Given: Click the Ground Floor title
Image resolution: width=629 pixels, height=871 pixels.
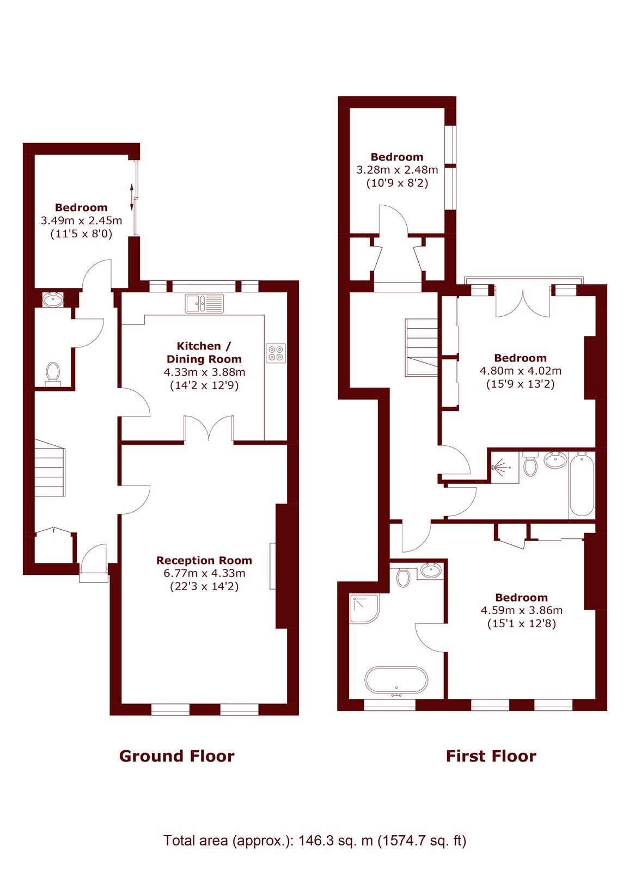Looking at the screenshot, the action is pos(176,756).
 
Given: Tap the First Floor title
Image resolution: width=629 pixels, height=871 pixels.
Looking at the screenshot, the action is pos(491,756).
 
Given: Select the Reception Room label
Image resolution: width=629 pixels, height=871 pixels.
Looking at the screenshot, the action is pos(204,560).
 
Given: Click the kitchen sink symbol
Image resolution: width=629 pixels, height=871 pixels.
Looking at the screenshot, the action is pos(205,303).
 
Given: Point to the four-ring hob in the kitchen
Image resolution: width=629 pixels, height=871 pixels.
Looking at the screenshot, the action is pos(276,353).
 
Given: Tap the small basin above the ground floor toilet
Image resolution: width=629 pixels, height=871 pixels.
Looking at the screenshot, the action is pos(53,299).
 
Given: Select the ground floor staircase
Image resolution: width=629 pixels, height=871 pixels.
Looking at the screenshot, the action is pos(50,468).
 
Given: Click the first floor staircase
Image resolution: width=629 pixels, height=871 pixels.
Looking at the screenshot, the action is pos(422,348).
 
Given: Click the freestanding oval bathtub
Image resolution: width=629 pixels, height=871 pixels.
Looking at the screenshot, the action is pos(396,680).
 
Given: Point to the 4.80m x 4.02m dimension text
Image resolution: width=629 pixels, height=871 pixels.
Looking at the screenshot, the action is pos(521,371).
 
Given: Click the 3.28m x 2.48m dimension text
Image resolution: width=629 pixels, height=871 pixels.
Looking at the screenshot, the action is pos(397,170).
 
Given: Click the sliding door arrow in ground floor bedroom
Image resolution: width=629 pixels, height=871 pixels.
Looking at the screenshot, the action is pos(132,197).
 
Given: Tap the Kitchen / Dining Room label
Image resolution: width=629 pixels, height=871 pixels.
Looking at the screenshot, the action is pos(204,352).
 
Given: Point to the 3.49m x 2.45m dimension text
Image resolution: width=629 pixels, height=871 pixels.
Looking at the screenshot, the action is pos(81,220).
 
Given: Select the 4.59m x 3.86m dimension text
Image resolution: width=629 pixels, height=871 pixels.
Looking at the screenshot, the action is pos(522,610).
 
